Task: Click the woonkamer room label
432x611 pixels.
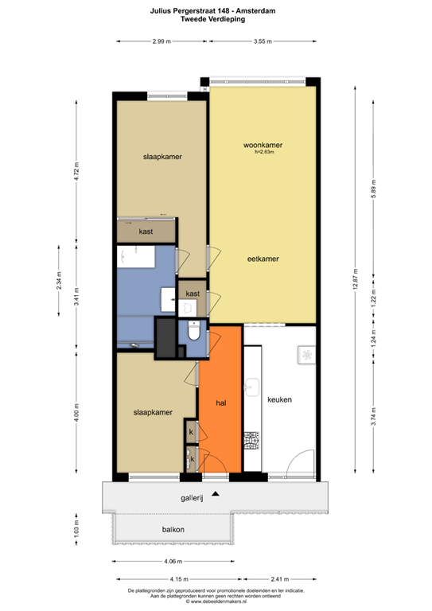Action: (263, 145)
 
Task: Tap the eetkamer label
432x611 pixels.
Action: (263, 259)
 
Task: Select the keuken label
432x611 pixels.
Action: (280, 400)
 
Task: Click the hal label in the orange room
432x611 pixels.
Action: (222, 403)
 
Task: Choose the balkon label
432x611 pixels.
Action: (173, 529)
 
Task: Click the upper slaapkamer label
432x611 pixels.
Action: (163, 157)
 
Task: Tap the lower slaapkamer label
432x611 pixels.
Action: (154, 413)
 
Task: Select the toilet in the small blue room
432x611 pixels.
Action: (195, 334)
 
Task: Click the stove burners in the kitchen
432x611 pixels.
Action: (252, 440)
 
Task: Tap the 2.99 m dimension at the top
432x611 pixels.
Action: (162, 41)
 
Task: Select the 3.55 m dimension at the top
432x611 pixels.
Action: (263, 41)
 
